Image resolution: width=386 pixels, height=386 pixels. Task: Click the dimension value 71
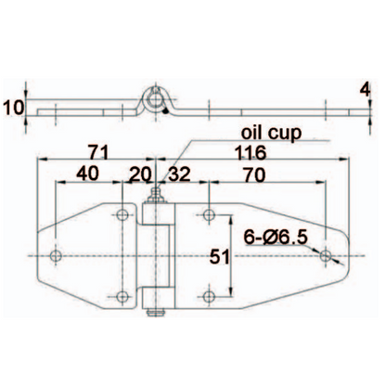coord(98,152)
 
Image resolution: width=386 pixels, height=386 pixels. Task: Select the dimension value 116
coord(251,152)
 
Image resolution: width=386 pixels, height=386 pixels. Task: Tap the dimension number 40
coord(87,174)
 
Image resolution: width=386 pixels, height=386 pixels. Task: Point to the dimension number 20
coord(140,174)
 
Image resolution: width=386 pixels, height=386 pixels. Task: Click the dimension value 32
coord(179,174)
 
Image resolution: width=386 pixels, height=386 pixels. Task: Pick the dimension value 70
coord(254,175)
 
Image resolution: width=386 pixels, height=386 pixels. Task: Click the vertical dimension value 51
coord(220,257)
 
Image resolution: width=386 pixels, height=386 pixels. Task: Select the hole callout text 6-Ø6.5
coord(276,238)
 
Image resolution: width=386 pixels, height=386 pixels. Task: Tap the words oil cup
coord(271,134)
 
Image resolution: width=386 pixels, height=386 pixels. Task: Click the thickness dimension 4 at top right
coord(366,90)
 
